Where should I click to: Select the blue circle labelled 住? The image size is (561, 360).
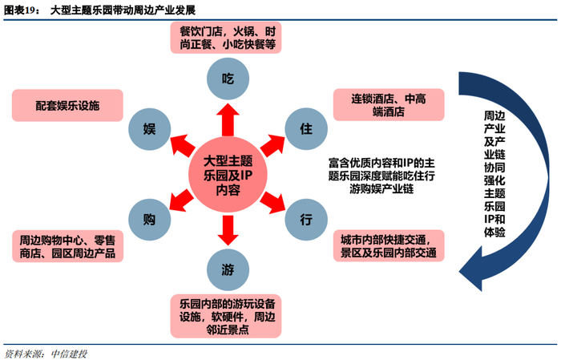pyautogui.click(x=305, y=128)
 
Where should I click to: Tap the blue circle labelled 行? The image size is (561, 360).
pyautogui.click(x=305, y=219)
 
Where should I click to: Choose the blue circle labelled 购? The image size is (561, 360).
pyautogui.click(x=149, y=219)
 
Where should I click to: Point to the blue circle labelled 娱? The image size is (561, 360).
pyautogui.click(x=149, y=128)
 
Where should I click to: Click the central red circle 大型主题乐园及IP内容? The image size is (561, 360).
pyautogui.click(x=228, y=175)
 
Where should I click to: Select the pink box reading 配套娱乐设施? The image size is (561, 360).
pyautogui.click(x=67, y=106)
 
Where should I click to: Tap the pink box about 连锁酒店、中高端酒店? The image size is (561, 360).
pyautogui.click(x=389, y=106)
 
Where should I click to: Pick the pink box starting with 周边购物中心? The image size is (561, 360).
pyautogui.click(x=67, y=246)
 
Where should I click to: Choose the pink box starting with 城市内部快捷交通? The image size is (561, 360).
pyautogui.click(x=389, y=246)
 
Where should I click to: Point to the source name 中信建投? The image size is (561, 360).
pyautogui.click(x=67, y=353)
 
